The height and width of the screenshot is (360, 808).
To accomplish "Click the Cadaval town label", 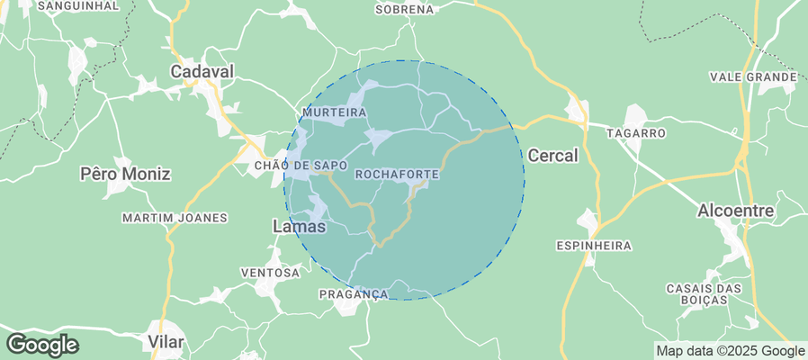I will (202, 70).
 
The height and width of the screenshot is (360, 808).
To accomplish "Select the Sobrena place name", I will (403, 9).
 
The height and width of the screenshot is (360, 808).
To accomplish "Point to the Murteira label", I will (336, 112).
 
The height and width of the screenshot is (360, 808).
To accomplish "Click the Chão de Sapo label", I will (301, 166).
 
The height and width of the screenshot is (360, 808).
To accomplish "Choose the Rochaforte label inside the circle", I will (397, 173).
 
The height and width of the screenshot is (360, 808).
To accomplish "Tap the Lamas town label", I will (299, 228).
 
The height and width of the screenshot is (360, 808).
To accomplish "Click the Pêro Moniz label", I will (125, 173).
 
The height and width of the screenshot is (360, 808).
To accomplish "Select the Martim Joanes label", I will (175, 218).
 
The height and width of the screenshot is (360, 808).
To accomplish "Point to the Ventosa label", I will (270, 272).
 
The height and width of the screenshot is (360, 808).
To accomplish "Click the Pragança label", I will (353, 294).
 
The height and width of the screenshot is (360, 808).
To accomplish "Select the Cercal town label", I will (552, 155).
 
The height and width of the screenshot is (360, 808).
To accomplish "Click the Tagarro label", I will (636, 133).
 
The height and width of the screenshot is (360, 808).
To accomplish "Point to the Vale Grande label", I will (753, 77).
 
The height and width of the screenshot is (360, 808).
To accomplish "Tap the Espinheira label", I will (594, 245).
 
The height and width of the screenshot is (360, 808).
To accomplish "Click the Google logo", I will (42, 344).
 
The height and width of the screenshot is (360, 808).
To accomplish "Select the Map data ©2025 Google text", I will (730, 351).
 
